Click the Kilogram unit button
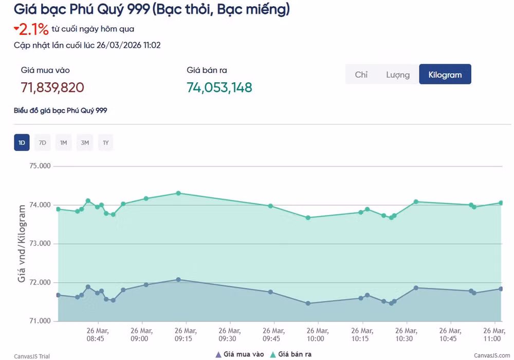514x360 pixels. coord(445,75)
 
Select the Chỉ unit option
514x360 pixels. coord(361,75)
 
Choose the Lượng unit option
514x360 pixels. coord(398,75)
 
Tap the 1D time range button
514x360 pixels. coord(22,142)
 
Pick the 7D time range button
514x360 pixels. coord(43,142)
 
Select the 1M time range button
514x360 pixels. coord(64,142)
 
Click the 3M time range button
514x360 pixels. coord(85,142)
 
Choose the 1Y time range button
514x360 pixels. coord(105,142)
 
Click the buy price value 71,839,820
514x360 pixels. coord(52,87)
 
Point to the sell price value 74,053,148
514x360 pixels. coord(219,87)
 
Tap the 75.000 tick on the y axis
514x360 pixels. coord(40,166)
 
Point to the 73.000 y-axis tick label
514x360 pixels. coord(40,244)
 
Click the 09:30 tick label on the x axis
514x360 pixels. coord(229,334)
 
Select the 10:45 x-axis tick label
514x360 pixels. coord(450,334)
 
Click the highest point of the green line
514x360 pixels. coord(178,193)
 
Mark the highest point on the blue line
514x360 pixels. coord(178,280)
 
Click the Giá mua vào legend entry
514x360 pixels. coord(240,354)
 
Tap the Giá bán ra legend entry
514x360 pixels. coord(291,354)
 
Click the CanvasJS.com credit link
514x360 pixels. coord(492,356)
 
